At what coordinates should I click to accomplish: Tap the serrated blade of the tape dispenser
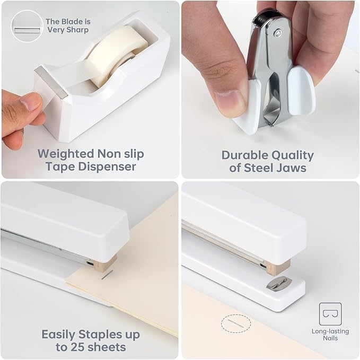50,83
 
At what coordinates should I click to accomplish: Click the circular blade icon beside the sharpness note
27,27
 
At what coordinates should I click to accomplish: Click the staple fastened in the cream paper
108,274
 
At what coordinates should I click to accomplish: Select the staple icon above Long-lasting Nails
330,313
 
